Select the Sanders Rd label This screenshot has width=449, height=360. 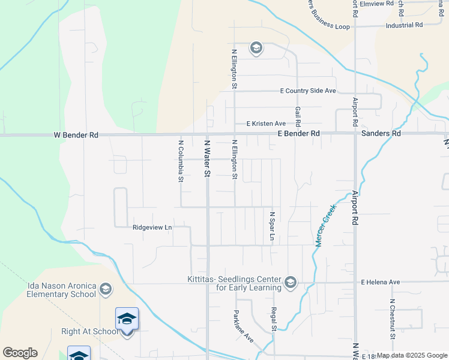tap(381, 133)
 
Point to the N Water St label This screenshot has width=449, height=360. tap(208, 158)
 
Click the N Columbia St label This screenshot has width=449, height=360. tap(180, 161)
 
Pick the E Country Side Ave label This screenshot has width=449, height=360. tap(308, 91)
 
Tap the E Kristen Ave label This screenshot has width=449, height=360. tap(267, 124)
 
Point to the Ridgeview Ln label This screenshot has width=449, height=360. tap(152, 228)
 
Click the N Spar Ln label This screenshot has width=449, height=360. tap(272, 226)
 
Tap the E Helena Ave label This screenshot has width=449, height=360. tap(380, 282)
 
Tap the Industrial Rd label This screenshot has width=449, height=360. tap(405, 25)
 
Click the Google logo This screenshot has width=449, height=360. tap(19, 353)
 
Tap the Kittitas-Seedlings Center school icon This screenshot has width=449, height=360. tap(291, 282)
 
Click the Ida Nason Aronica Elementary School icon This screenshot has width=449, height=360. tap(106, 290)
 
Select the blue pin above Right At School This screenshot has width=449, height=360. tap(127, 319)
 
